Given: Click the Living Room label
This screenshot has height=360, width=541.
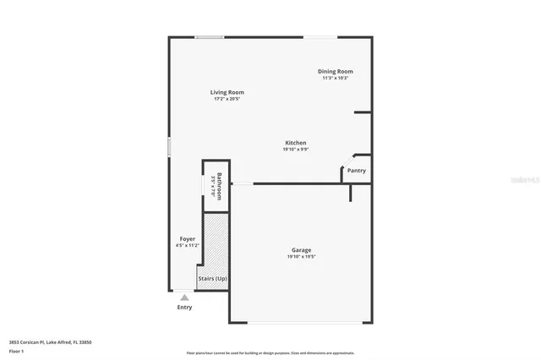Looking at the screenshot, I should coord(227,92).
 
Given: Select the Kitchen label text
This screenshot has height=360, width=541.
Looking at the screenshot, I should coord(295,143).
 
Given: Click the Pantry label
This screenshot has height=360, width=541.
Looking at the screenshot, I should coord(357,170).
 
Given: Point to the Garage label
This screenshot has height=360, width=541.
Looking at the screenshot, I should coord(302,250).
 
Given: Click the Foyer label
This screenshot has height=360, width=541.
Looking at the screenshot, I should coord(188,239).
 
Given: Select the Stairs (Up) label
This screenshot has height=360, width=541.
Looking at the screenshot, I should coord(212,278).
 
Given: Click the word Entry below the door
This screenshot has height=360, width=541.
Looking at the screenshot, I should coord(184,307).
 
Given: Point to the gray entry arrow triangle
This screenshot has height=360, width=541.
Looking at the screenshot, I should coord(184,297).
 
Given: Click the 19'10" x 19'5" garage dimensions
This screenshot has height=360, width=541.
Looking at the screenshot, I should coord(302,257).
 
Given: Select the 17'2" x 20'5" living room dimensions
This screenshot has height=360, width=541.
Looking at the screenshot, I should coord(227,99).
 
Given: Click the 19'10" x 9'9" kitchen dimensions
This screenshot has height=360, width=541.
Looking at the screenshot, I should coord(295,150).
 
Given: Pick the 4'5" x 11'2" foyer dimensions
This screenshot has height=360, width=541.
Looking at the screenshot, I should coord(188,246).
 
